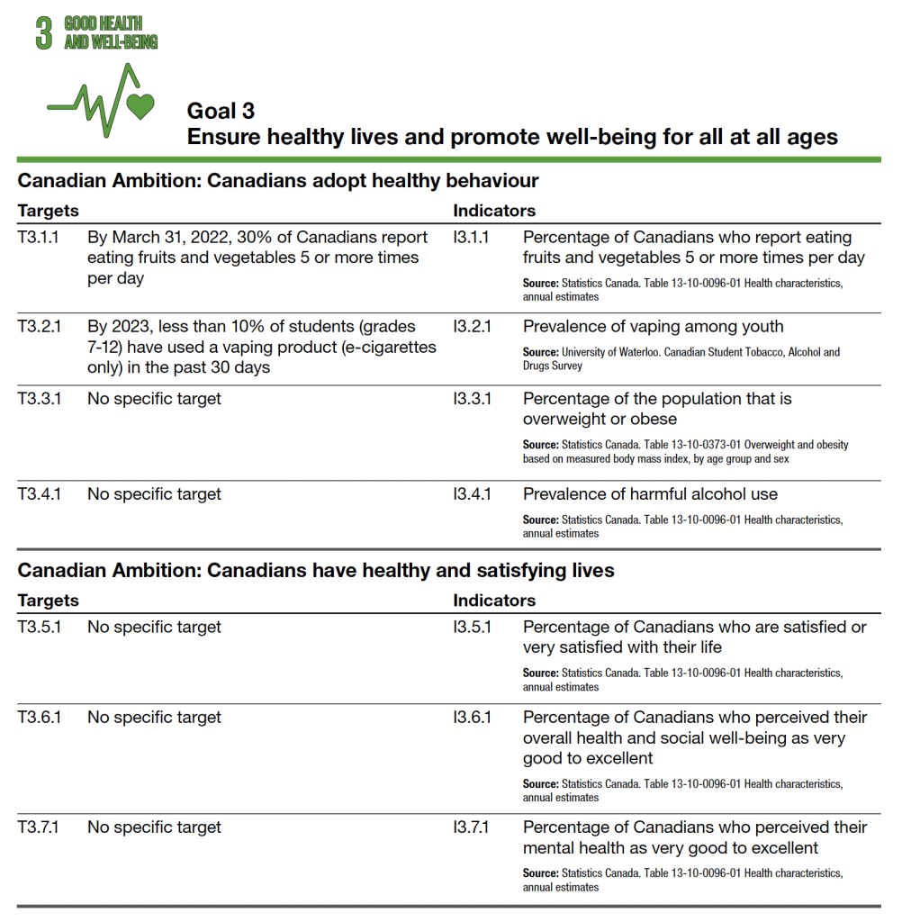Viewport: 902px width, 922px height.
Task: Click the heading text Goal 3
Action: [x=221, y=111]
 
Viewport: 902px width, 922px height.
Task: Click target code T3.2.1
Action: [x=39, y=327]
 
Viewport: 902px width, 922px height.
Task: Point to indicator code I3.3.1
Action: [x=472, y=399]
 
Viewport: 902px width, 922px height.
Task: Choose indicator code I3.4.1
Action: [x=473, y=494]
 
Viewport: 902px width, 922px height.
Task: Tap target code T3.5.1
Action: [x=39, y=628]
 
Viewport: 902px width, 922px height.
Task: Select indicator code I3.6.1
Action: [x=472, y=718]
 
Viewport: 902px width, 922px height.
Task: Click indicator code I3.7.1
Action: [x=471, y=827]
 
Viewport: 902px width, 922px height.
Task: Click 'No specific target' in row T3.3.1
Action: [x=154, y=399]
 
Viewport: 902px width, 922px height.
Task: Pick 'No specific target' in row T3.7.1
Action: [x=154, y=827]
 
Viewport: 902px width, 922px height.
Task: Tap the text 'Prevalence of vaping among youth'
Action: [x=653, y=327]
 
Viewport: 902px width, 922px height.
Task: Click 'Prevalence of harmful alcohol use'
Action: [x=650, y=494]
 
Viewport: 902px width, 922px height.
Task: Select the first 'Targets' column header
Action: [x=48, y=211]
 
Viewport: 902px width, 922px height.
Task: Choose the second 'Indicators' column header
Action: [x=493, y=601]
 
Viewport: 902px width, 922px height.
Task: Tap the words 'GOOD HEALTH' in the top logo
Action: [x=115, y=23]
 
